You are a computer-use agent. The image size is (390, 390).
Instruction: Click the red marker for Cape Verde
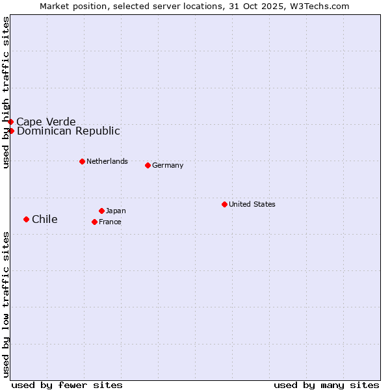[10, 122]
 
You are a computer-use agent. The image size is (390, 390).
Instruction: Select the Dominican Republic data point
[11, 131]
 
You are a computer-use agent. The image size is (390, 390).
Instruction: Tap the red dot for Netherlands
[82, 161]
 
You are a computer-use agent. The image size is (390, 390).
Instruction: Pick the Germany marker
[148, 165]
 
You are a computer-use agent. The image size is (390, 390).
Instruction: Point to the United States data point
[224, 204]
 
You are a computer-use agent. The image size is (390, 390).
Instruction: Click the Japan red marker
[101, 211]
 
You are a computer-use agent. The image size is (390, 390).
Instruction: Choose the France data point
[94, 222]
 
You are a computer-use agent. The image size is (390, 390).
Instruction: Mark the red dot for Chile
[26, 219]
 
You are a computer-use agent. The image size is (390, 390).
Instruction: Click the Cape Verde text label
[46, 122]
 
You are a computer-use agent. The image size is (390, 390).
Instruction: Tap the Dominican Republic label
[68, 131]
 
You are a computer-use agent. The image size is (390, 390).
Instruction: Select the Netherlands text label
[107, 161]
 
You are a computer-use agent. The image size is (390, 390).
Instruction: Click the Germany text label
[168, 165]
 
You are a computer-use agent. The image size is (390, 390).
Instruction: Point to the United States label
[252, 204]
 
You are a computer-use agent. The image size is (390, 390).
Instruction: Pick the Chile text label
[45, 219]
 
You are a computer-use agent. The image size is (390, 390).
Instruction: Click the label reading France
[110, 222]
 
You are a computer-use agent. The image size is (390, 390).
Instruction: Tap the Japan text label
[116, 211]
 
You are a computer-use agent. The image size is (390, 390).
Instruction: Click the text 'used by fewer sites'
[67, 385]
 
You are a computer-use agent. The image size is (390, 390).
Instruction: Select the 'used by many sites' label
[326, 385]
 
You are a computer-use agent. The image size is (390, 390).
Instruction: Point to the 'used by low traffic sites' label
[6, 304]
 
